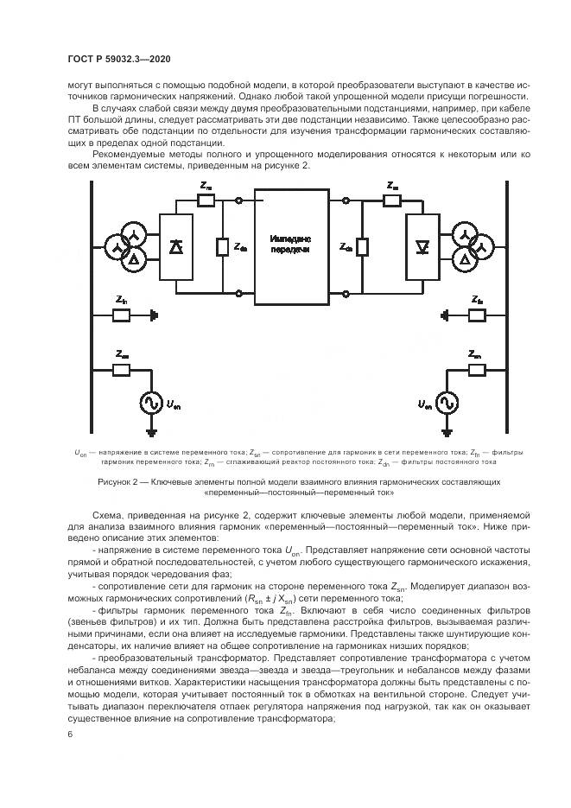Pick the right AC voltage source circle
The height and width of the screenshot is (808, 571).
point(446,403)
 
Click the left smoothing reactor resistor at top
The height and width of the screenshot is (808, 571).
point(206,201)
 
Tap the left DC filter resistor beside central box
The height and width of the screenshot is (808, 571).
point(222,247)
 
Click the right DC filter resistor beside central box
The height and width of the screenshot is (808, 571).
point(363,247)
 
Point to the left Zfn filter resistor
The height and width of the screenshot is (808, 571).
point(122,315)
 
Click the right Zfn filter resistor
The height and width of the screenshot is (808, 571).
point(474,315)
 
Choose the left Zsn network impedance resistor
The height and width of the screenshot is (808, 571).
point(122,369)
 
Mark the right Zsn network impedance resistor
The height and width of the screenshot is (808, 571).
point(474,369)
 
